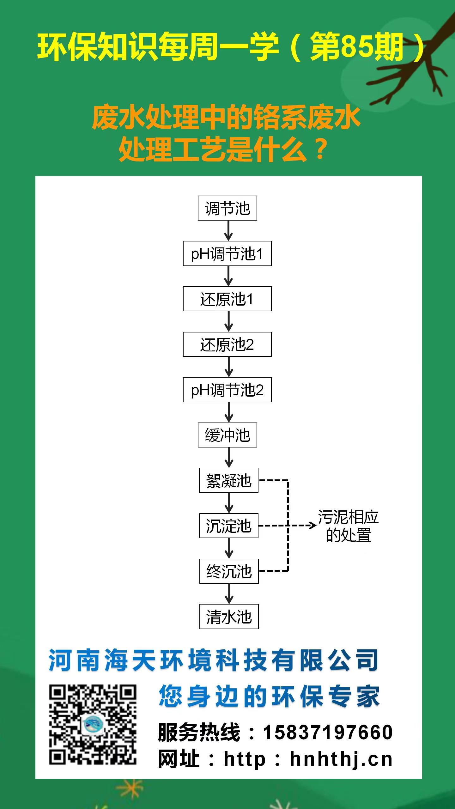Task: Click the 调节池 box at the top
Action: point(227,208)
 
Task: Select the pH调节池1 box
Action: point(227,254)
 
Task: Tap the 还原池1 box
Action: point(227,299)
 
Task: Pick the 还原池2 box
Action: point(227,344)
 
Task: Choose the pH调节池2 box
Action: point(227,390)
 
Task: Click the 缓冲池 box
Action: point(227,435)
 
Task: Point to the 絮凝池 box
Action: point(228,480)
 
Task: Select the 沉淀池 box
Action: point(228,526)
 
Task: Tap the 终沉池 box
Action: point(229,571)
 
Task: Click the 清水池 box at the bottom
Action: point(229,617)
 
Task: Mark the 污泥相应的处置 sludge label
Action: point(348,526)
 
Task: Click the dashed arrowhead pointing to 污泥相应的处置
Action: point(312,526)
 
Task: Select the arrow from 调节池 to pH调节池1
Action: point(228,231)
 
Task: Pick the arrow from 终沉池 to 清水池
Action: point(229,593)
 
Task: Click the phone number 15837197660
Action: point(328,732)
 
